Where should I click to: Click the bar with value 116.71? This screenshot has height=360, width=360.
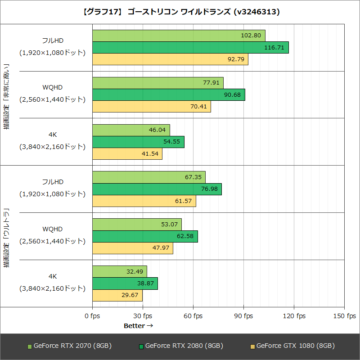pos(190,47)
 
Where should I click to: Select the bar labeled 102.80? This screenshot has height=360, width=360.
pos(179,36)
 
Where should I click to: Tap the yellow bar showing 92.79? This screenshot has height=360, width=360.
pos(170,59)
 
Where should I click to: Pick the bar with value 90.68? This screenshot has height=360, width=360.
pos(169,94)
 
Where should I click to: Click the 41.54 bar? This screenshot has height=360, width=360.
pos(127,153)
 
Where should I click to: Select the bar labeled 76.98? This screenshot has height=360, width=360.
pos(157,189)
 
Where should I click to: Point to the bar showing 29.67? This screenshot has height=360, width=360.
pos(117,295)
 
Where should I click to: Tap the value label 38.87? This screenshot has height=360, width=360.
pos(147,283)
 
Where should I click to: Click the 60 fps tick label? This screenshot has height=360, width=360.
pos(193,316)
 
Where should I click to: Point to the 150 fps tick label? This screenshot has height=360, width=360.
pos(344,316)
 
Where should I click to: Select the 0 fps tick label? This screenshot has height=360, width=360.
pos(92,316)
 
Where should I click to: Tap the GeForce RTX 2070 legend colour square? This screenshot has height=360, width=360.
pos(30,346)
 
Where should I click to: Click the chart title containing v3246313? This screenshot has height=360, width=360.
pos(180,11)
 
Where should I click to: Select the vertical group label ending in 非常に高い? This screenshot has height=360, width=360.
pos(7,96)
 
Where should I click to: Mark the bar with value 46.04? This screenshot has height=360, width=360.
pos(131,130)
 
